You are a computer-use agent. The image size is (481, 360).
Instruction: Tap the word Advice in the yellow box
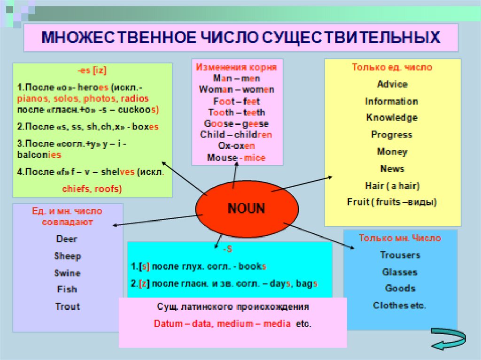click(392, 84)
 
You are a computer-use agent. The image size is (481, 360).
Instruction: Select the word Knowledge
click(392, 118)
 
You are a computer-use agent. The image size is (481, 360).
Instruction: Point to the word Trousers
click(400, 255)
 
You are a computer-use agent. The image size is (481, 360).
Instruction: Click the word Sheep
click(68, 256)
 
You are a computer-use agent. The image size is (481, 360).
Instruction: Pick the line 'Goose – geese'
click(236, 124)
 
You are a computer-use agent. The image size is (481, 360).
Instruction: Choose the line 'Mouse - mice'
click(236, 158)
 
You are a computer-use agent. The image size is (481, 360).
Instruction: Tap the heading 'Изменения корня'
click(236, 67)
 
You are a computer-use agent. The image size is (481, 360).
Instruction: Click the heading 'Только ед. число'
click(392, 67)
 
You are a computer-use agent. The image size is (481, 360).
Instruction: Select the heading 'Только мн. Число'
click(400, 238)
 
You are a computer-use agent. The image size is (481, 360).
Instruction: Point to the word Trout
click(68, 306)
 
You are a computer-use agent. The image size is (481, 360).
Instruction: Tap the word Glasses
click(400, 272)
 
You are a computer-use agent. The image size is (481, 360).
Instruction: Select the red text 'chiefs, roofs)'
click(92, 189)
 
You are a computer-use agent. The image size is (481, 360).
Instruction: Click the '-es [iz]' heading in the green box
click(92, 71)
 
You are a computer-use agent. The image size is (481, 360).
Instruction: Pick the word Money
click(392, 152)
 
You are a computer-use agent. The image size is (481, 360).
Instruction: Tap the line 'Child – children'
click(236, 135)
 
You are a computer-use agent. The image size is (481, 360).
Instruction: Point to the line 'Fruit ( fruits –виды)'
click(392, 202)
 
